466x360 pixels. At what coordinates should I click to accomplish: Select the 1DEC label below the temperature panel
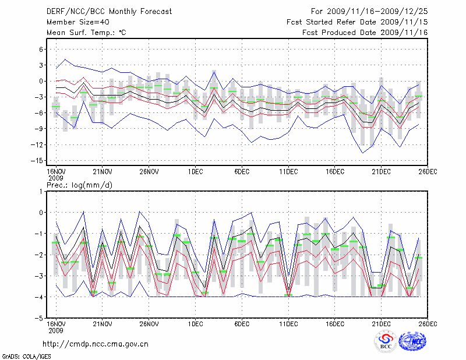point(195,171)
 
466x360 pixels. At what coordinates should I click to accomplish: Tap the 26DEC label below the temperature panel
point(428,171)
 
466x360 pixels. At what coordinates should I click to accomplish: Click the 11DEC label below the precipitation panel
point(288,324)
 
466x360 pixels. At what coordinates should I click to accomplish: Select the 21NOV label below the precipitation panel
point(103,324)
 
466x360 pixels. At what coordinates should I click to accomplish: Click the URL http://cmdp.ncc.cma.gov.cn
point(96,344)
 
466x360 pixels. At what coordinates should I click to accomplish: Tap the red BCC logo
point(385,343)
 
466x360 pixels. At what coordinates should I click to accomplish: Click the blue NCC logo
point(412,344)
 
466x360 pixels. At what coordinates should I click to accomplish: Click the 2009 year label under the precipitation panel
point(55,330)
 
